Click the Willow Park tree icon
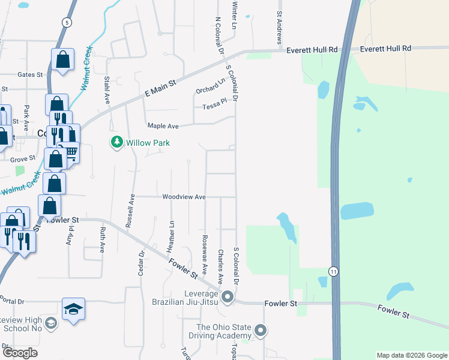(x=116, y=142)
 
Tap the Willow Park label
(x=148, y=143)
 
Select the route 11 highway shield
(x=333, y=272)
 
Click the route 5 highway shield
(x=65, y=22)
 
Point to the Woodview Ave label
(x=184, y=197)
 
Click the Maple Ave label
(x=163, y=126)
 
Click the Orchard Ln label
(x=209, y=86)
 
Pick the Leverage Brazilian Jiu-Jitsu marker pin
(x=228, y=296)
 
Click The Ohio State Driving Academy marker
(x=261, y=330)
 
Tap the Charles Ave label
(x=221, y=266)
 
